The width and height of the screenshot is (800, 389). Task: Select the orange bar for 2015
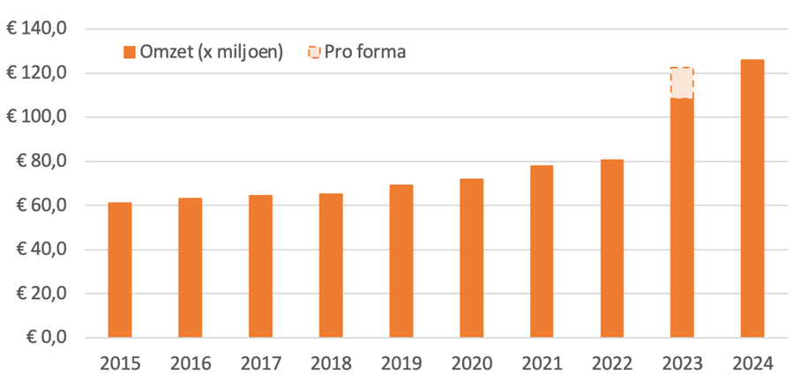(120, 270)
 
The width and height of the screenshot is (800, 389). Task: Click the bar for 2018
(331, 266)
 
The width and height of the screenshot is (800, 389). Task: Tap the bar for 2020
(472, 258)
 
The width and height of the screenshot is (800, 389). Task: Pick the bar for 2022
(612, 248)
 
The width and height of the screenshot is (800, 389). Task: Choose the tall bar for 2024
(752, 198)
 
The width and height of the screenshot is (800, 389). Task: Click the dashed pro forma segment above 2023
(682, 83)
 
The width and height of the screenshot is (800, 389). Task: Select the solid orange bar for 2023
(682, 217)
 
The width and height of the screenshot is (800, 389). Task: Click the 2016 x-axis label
(190, 363)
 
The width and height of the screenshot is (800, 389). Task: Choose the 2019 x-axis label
(400, 363)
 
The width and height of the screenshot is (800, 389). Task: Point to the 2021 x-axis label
(542, 363)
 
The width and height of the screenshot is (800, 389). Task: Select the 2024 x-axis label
(752, 363)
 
